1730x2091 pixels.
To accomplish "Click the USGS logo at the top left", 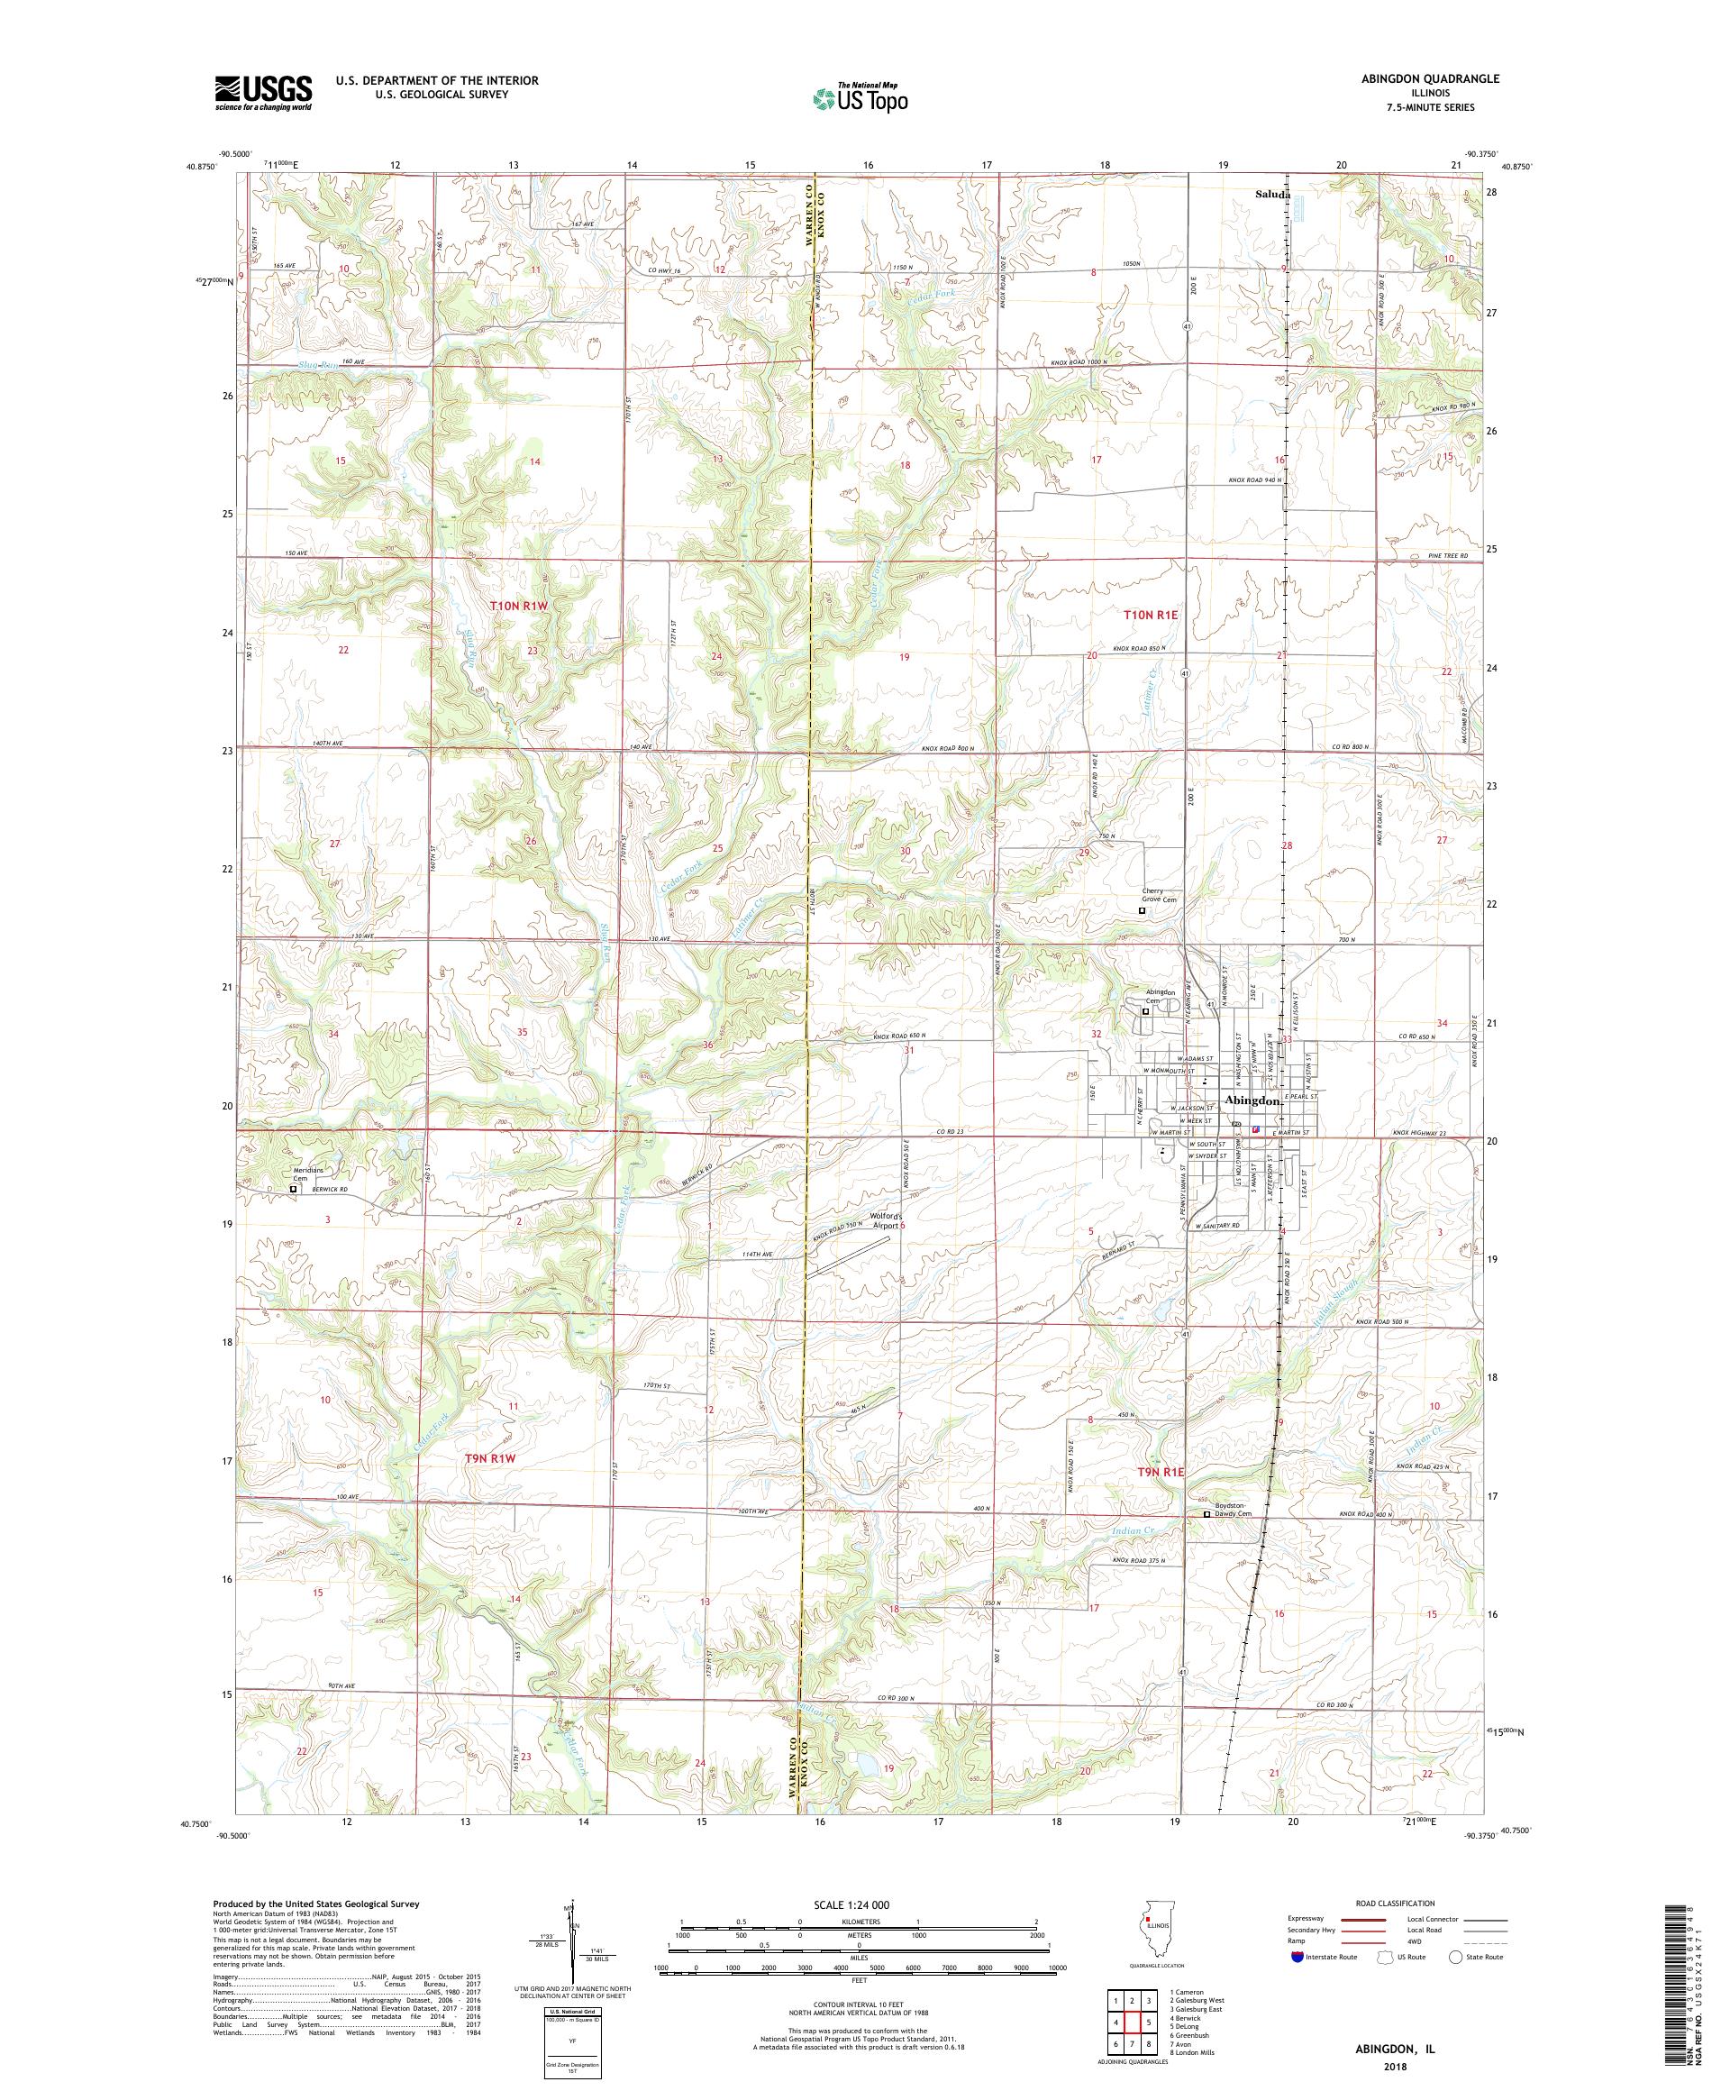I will coord(263,93).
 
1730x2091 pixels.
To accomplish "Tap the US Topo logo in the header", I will coord(861,96).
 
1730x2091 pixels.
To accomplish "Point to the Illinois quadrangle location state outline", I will coord(1152,1937).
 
